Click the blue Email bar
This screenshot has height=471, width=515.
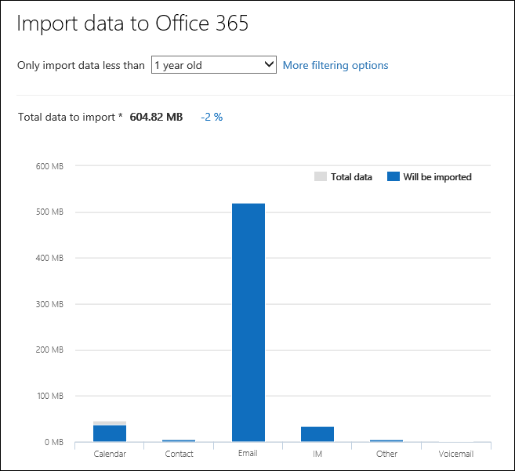tap(248, 321)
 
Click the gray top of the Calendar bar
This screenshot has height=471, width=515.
tap(110, 423)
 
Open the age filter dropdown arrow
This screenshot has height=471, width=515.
tap(269, 65)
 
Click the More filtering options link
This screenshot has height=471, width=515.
tap(335, 65)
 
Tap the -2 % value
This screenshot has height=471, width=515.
tap(212, 117)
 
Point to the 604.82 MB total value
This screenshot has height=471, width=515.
tap(157, 117)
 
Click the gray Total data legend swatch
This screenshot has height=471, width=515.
tap(320, 177)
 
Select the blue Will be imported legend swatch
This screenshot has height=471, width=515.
tap(394, 177)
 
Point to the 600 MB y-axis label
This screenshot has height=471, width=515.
tap(49, 166)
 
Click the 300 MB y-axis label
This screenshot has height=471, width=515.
tap(49, 304)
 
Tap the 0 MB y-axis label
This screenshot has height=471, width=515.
tap(53, 443)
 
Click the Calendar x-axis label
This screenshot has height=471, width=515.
tap(110, 454)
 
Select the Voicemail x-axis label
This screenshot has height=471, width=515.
tap(456, 454)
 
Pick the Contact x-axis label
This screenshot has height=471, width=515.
tap(179, 454)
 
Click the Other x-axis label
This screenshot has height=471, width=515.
tap(386, 454)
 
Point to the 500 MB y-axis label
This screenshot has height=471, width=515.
tap(49, 212)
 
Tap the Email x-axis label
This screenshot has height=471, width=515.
tap(248, 454)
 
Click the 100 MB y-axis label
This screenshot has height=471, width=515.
tap(49, 397)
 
